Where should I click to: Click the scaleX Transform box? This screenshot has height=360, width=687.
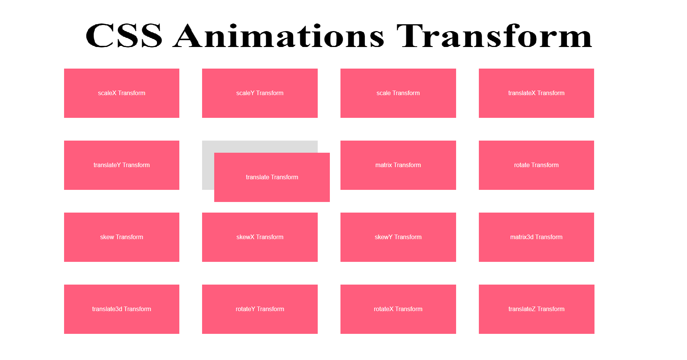122,93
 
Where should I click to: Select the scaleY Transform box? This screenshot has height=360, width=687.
260,93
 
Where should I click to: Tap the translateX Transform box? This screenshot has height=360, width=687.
536,93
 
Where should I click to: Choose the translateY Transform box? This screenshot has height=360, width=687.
122,165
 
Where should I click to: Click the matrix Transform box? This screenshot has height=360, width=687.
398,165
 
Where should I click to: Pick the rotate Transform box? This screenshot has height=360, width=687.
536,165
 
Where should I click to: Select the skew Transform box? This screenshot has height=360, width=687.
122,237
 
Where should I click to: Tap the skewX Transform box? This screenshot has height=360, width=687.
260,237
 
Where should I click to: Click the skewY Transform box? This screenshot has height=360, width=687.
398,237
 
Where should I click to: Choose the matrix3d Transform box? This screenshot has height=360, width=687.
536,237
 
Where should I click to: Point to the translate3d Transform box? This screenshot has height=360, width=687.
122,309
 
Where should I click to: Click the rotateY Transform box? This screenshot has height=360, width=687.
260,309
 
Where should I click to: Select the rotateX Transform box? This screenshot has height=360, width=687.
398,309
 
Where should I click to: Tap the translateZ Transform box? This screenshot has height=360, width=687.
536,309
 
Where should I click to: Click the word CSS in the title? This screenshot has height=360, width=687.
124,36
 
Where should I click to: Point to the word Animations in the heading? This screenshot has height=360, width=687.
279,36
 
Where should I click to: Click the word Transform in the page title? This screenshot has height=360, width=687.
494,36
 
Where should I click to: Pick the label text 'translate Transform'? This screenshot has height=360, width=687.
272,177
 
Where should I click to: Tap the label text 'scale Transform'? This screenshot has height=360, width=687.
398,93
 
